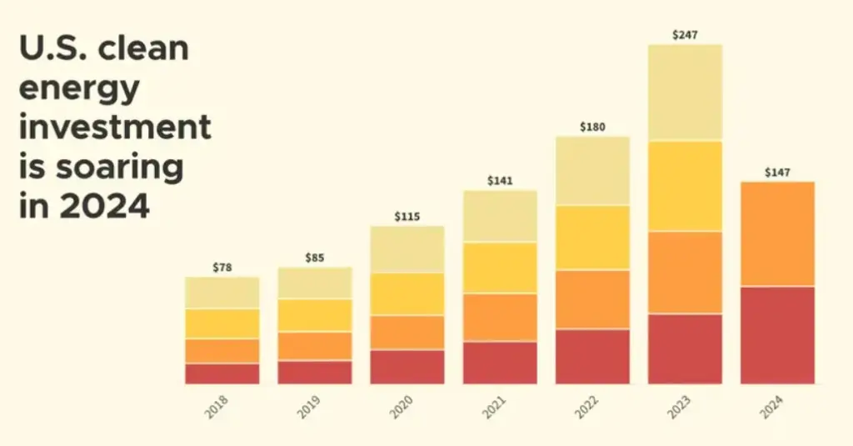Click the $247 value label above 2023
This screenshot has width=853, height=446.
point(685,35)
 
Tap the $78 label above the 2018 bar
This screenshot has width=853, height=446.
point(222,268)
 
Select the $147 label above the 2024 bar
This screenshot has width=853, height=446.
point(777,173)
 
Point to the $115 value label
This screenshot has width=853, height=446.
point(407,217)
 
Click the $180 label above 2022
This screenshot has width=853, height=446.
point(592,128)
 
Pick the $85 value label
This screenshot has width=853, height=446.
point(315,258)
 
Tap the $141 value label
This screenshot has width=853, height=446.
point(500,181)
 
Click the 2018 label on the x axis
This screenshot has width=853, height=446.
point(218,407)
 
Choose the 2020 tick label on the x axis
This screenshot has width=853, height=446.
point(403,407)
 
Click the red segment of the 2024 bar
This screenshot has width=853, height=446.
point(777,335)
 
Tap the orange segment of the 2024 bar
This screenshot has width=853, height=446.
point(777,233)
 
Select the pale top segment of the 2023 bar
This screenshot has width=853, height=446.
point(685,93)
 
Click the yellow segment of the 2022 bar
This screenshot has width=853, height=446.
point(592,238)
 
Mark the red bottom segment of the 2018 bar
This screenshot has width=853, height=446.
point(222,373)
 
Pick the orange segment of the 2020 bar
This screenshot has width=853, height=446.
point(407,332)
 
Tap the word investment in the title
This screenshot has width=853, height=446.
point(114,128)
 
